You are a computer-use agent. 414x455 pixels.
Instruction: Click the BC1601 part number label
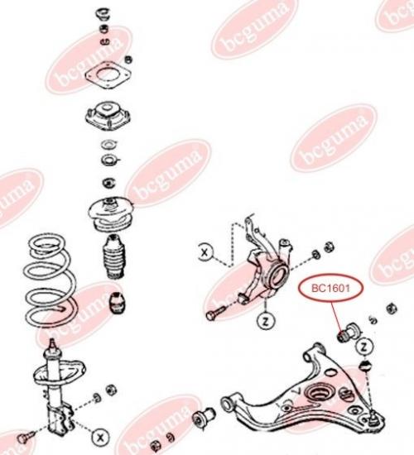click(x=330, y=289)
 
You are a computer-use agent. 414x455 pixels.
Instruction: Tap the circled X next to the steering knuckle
click(x=205, y=252)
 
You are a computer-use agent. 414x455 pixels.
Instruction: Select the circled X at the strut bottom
click(x=100, y=437)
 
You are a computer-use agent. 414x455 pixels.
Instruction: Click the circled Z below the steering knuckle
click(x=266, y=321)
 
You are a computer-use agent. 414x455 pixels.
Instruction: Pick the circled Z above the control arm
click(x=363, y=347)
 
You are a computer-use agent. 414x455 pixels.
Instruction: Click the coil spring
click(x=50, y=280)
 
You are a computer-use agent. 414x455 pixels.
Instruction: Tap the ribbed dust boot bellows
click(x=114, y=256)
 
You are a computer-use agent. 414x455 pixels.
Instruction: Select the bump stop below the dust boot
click(x=118, y=303)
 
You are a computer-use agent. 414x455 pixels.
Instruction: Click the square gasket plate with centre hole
click(x=108, y=74)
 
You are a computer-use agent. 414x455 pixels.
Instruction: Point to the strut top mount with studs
click(x=108, y=115)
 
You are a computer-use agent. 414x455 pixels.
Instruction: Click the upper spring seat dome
click(x=111, y=214)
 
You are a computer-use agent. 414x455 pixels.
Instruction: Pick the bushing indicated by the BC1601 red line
click(x=349, y=332)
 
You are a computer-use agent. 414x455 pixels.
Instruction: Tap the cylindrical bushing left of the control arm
click(x=203, y=417)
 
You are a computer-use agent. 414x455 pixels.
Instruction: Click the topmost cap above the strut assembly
click(x=103, y=14)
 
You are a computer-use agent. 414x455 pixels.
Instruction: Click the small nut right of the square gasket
click(x=128, y=60)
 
